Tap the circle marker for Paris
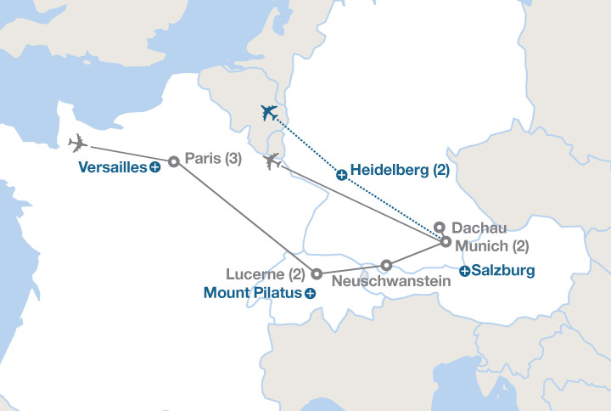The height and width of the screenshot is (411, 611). pos(173,161)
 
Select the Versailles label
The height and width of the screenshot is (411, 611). pos(112,168)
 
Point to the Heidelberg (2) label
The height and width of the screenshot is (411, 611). pos(399,170)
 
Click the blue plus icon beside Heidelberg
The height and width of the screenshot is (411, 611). pos(341,175)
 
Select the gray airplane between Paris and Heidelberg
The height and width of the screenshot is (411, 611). pos(272,160)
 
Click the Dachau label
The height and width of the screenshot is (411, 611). pos(479,228)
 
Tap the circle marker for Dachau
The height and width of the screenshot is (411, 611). pos(439,227)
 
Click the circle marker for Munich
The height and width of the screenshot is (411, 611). pos(446,242)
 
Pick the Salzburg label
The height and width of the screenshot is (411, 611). pos(503,272)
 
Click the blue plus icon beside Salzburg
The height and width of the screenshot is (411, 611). pos(464,272)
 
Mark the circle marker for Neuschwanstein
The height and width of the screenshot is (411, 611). pos(386,264)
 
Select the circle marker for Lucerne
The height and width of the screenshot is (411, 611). pos(316,274)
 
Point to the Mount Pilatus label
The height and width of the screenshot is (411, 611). pos(253,293)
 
